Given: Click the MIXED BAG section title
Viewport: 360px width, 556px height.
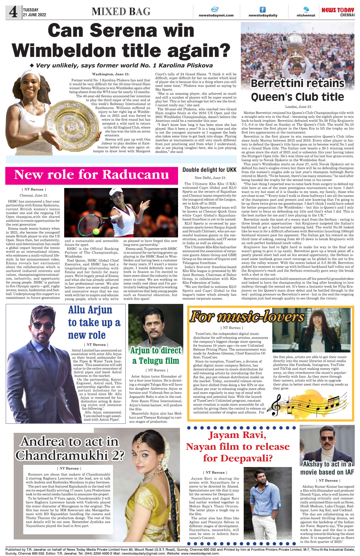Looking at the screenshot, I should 121,12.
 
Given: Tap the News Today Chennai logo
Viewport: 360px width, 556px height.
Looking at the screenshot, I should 338,12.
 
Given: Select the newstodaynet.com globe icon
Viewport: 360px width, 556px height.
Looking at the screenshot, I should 214,9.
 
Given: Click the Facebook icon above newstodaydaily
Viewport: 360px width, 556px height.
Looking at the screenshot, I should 262,9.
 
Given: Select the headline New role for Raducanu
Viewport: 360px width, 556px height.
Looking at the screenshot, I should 92,175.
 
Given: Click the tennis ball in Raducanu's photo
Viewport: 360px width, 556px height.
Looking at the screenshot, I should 96,231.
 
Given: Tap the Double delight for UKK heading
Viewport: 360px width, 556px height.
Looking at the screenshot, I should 209,170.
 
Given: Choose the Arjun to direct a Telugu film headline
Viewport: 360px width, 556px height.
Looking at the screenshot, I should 156,356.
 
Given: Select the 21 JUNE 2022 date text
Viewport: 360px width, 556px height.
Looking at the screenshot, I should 34,15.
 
